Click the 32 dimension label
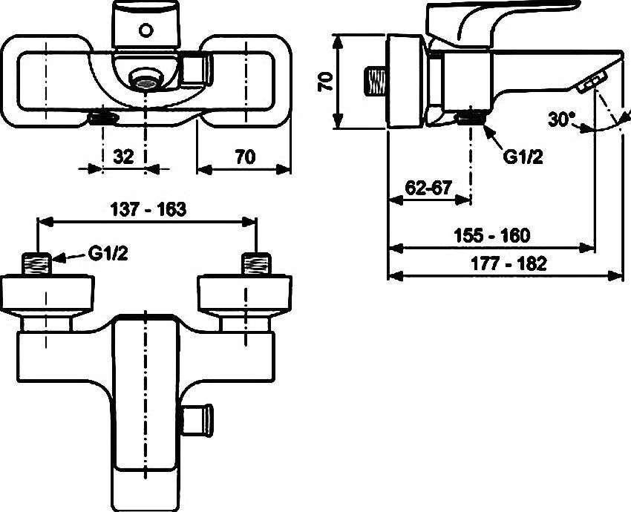tap(124, 157)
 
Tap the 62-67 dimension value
tap(429, 188)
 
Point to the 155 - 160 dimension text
tap(493, 235)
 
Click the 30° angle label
tap(562, 119)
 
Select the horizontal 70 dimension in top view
tap(244, 157)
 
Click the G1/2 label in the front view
tap(108, 254)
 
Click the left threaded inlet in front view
tap(37, 264)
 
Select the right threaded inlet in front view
tap(257, 264)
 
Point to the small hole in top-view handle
tap(146, 30)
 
